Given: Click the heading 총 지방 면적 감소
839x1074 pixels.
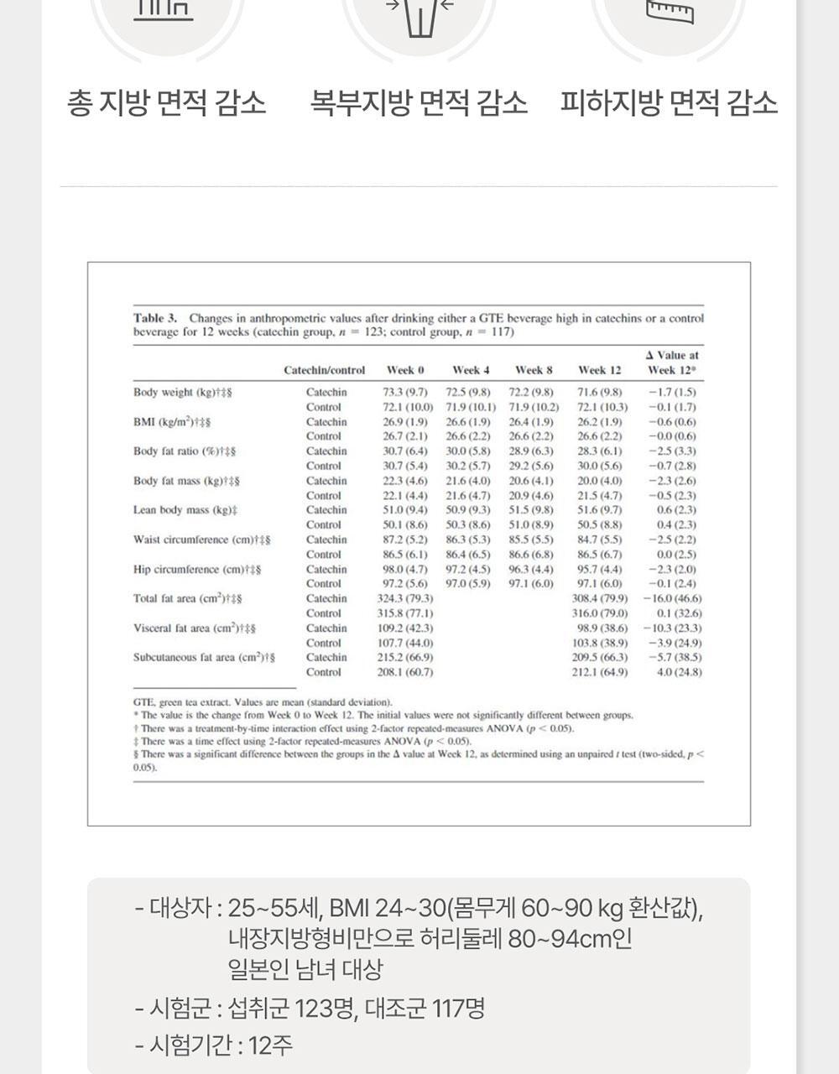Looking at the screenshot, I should (166, 103).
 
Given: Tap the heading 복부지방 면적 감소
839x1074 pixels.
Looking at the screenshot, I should (419, 103).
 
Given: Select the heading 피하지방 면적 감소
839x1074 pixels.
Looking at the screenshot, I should (669, 103).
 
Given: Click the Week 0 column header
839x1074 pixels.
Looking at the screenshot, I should (405, 370).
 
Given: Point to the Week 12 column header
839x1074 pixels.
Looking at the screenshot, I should (599, 370).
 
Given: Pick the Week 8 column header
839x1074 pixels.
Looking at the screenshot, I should (534, 370).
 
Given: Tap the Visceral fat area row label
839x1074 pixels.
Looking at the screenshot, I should (194, 628).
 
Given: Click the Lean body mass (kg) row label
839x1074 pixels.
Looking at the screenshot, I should (185, 510).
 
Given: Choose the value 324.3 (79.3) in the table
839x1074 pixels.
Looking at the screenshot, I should (405, 598).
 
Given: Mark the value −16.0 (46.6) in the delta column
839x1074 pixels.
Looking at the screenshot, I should (672, 598).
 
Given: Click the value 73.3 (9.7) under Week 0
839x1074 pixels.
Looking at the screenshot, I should (405, 392).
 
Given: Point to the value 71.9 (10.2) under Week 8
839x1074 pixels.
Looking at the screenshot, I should (534, 407).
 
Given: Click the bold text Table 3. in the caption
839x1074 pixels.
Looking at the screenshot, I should (155, 318).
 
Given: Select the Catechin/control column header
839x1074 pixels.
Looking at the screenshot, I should (325, 370).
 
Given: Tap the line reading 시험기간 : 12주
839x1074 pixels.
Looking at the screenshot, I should (214, 1045).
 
